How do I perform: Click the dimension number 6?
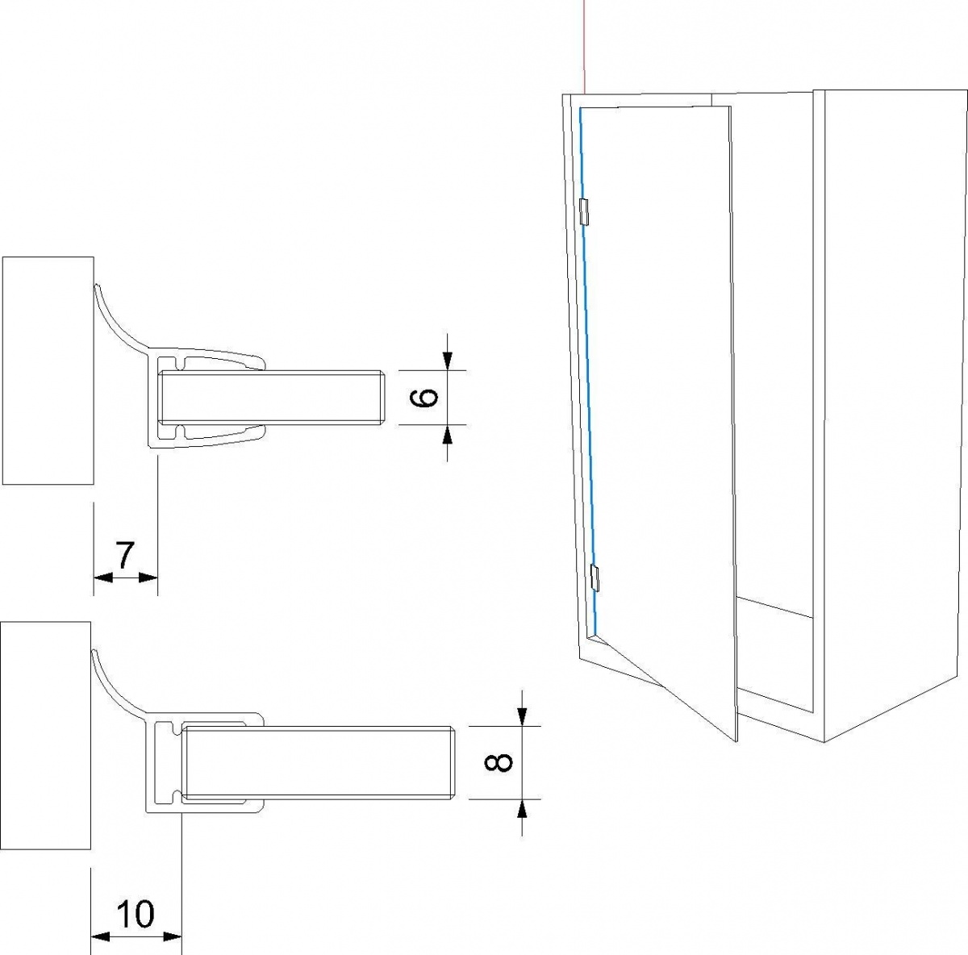424,398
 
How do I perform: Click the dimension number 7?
124,556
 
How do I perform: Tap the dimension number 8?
498,762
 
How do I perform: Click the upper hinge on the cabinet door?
584,211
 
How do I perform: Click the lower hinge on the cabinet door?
595,578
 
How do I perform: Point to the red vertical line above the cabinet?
584,46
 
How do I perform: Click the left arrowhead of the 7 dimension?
103,578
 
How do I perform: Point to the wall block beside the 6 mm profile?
48,371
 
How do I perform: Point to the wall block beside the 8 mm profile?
45,736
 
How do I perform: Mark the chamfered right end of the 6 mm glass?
382,398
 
